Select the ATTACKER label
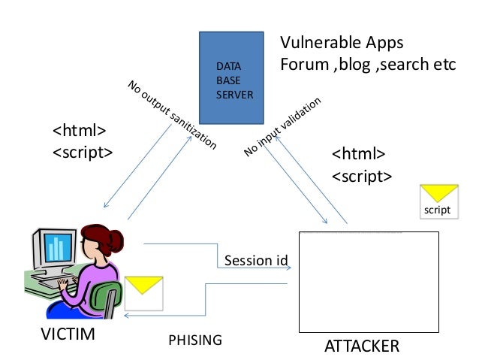pyautogui.click(x=362, y=346)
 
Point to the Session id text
pyautogui.click(x=256, y=261)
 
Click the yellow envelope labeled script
pyautogui.click(x=438, y=200)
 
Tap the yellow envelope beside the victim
pyautogui.click(x=143, y=292)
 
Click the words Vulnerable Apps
pyautogui.click(x=342, y=42)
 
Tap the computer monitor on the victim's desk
pyautogui.click(x=56, y=251)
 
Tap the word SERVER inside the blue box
pyautogui.click(x=233, y=95)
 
